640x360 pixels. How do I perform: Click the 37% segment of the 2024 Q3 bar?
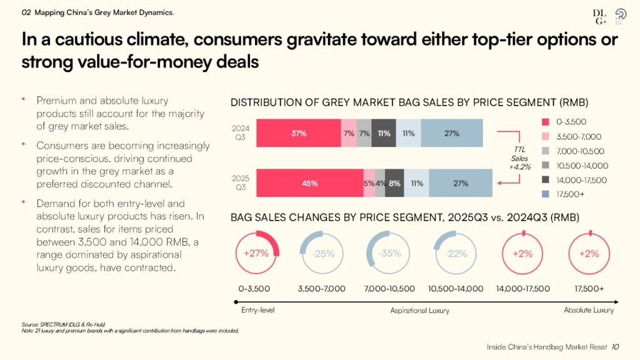(298, 133)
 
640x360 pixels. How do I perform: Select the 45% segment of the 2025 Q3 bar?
(309, 183)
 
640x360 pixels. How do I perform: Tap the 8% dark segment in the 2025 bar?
(394, 183)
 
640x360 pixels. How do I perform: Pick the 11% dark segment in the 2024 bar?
(384, 133)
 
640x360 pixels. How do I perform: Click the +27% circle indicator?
(257, 253)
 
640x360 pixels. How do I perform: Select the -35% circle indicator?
(388, 253)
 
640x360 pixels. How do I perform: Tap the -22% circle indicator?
(456, 253)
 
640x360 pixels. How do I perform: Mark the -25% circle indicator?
(322, 253)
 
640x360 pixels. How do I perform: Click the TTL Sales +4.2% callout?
(518, 159)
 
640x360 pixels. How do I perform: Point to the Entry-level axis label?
(257, 310)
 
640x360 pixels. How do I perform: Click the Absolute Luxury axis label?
(588, 310)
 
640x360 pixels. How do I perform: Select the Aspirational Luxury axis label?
(419, 310)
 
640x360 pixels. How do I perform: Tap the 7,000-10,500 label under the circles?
(388, 289)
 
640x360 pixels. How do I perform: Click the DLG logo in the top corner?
(600, 17)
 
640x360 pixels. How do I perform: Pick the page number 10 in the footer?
(616, 347)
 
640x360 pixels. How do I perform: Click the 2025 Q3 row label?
(241, 182)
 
